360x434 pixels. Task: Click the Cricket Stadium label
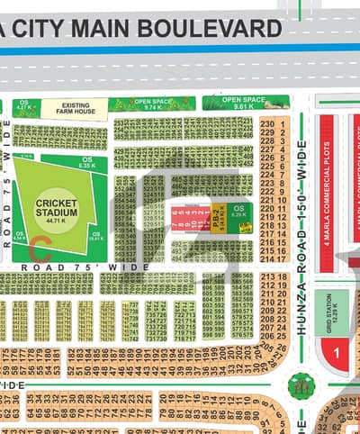coord(56,208)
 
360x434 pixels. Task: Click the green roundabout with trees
coord(300,385)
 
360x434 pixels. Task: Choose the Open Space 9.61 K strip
coord(245,101)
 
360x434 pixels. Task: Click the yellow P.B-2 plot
coord(218,220)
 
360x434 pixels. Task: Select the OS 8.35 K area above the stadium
coord(86,164)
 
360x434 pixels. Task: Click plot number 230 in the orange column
coord(266,124)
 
